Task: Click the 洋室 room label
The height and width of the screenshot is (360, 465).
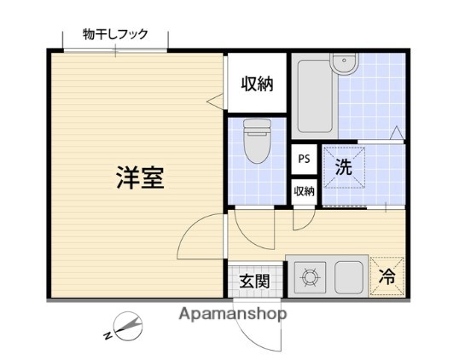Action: (x=140, y=178)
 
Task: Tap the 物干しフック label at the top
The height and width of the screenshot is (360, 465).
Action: (x=115, y=35)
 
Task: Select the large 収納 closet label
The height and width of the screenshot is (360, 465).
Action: (x=256, y=84)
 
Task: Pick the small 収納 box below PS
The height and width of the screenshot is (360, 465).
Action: (x=304, y=191)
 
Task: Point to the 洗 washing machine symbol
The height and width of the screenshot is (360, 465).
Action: (x=344, y=167)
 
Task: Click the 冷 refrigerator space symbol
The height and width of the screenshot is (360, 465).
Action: (x=387, y=276)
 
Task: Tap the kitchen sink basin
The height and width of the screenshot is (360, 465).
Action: (x=350, y=276)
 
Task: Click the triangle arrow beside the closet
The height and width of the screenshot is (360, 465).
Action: (x=214, y=101)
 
